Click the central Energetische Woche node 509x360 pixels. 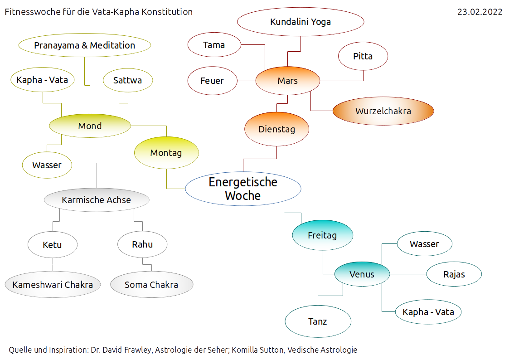click(x=243, y=189)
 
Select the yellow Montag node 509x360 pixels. click(x=166, y=153)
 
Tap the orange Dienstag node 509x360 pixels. click(x=276, y=129)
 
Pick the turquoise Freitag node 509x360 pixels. click(x=322, y=236)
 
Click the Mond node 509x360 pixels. click(x=90, y=126)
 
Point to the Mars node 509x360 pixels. click(x=288, y=81)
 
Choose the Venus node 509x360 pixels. click(x=362, y=274)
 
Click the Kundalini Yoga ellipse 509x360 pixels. click(x=301, y=22)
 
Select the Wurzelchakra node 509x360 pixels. click(x=383, y=111)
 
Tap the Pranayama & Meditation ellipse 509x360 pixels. click(x=84, y=45)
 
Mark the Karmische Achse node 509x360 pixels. click(x=96, y=200)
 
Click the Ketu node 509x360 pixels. click(x=52, y=245)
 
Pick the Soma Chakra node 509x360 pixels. click(x=151, y=285)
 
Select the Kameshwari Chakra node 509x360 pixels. click(x=53, y=285)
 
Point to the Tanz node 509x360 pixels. click(x=318, y=321)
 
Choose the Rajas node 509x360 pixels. click(x=454, y=274)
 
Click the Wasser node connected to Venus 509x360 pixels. click(x=424, y=244)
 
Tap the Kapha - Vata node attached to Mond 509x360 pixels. click(x=42, y=80)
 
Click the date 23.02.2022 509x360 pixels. click(x=480, y=12)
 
